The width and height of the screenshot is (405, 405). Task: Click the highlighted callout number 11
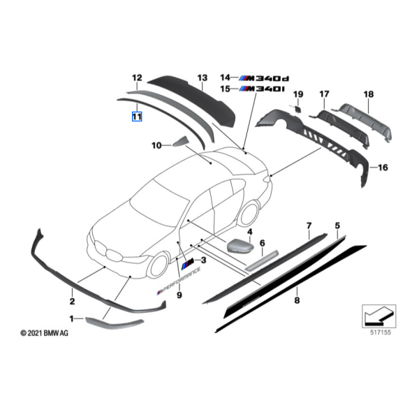pyautogui.click(x=136, y=116)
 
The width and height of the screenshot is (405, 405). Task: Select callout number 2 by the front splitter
pyautogui.click(x=71, y=302)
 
